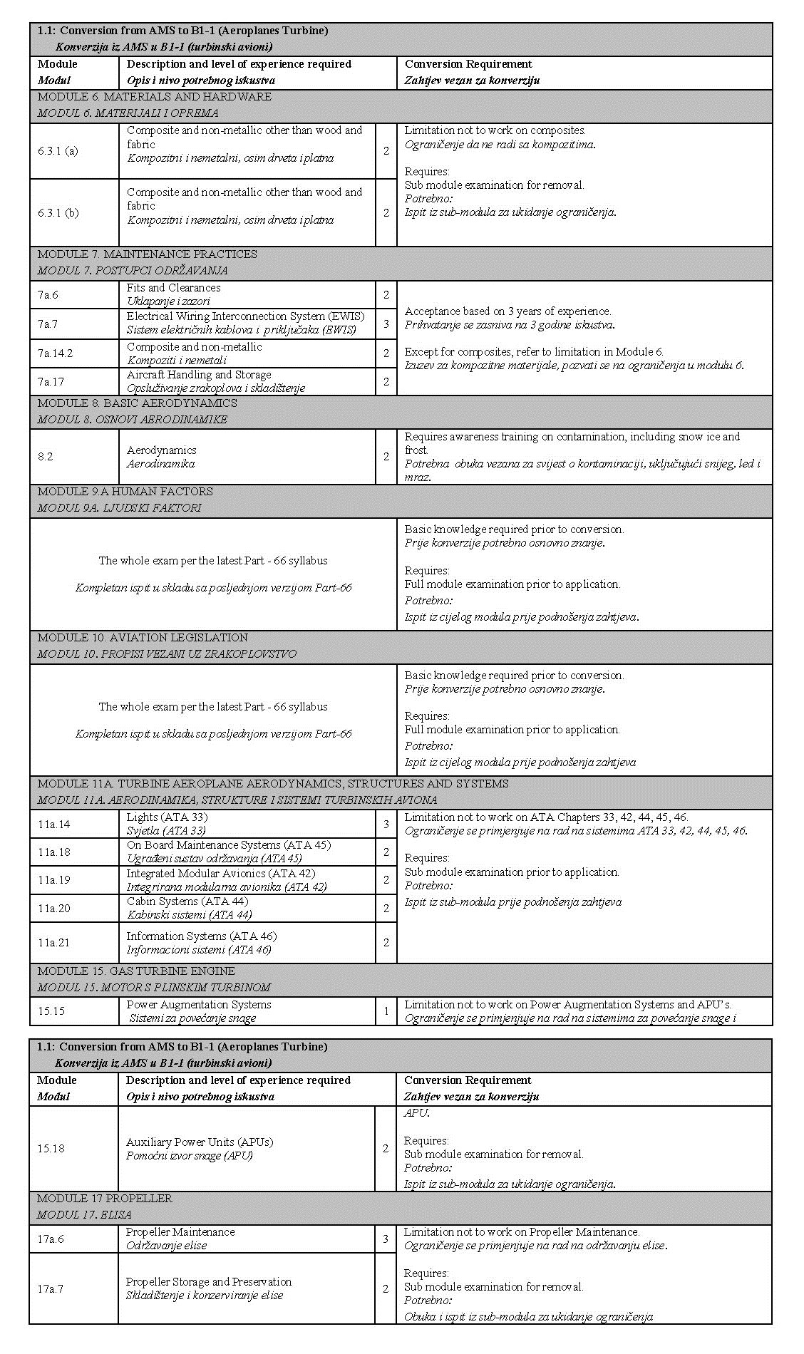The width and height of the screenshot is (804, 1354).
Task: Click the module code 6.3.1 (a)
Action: (58, 151)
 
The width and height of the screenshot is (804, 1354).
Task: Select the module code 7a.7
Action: (48, 324)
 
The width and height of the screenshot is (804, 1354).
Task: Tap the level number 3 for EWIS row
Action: (386, 324)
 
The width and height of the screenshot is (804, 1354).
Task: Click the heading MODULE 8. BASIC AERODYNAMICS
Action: (138, 403)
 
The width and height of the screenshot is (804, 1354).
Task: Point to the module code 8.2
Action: (46, 456)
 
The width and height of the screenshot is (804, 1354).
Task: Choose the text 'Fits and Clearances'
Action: (173, 288)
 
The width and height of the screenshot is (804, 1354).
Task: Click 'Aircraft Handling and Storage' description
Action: (199, 375)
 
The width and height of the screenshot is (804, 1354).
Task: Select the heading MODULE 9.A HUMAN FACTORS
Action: (125, 492)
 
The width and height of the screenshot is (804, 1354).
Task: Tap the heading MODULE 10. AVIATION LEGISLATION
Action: (143, 638)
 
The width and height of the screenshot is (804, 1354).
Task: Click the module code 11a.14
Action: (54, 824)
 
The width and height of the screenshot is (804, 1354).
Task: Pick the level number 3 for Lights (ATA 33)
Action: (386, 824)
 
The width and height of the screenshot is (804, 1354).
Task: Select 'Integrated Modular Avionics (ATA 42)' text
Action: (221, 874)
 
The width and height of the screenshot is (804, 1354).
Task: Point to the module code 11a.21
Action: (54, 942)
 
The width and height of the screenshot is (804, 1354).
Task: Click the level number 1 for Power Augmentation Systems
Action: (386, 1011)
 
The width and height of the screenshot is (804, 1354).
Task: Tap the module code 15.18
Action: (51, 1148)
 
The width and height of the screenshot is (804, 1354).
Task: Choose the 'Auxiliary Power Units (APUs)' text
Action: (200, 1142)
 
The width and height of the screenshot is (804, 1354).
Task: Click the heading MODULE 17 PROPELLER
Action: (105, 1199)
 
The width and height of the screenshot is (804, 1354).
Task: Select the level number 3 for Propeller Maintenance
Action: (386, 1239)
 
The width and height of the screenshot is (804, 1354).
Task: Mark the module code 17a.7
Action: (51, 1288)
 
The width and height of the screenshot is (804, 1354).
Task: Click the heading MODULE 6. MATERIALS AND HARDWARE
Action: (155, 97)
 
